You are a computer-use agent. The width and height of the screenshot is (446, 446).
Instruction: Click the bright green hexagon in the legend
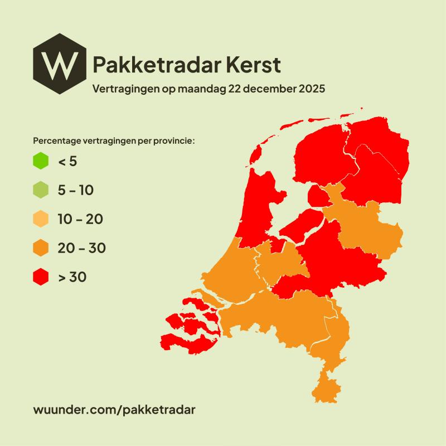tap(41, 162)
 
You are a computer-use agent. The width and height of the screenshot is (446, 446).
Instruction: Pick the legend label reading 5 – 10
tap(75, 190)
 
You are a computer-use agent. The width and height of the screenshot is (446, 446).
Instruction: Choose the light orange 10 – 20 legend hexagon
tap(41, 219)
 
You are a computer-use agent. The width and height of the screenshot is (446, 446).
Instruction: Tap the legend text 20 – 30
tap(81, 248)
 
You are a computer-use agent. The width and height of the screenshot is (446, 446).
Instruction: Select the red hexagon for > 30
tap(41, 277)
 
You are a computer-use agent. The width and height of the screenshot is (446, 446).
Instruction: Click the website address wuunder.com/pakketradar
tap(115, 409)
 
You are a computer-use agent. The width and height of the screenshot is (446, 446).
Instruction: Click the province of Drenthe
tap(376, 178)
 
